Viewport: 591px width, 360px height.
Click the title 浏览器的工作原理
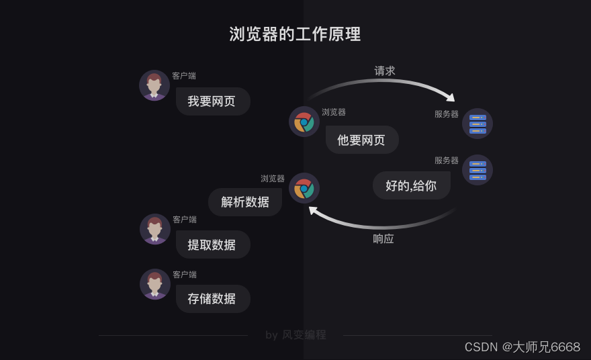point(295,34)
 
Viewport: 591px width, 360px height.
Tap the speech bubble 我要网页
point(213,101)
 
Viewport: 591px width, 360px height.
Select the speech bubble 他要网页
point(362,140)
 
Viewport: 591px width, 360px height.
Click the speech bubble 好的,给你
point(411,185)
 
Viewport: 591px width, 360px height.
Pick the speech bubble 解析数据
point(245,201)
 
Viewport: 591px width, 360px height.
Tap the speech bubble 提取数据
point(213,244)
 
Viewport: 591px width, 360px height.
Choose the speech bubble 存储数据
point(213,299)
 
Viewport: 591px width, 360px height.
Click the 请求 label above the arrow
point(385,71)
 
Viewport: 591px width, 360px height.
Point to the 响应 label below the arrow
point(383,238)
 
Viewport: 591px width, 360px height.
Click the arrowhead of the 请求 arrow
point(449,97)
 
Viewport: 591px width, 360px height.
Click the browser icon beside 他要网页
point(304,122)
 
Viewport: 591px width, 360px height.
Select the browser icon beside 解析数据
point(304,188)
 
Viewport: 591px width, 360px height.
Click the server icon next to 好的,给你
point(478,170)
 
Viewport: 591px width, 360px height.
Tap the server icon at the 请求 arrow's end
point(478,124)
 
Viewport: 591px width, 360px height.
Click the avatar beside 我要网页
point(154,85)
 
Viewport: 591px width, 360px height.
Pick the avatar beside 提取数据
point(155,229)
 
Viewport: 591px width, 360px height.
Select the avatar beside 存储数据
point(155,284)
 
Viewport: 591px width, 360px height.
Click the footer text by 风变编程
point(295,334)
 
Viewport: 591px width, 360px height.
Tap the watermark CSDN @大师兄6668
point(522,347)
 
